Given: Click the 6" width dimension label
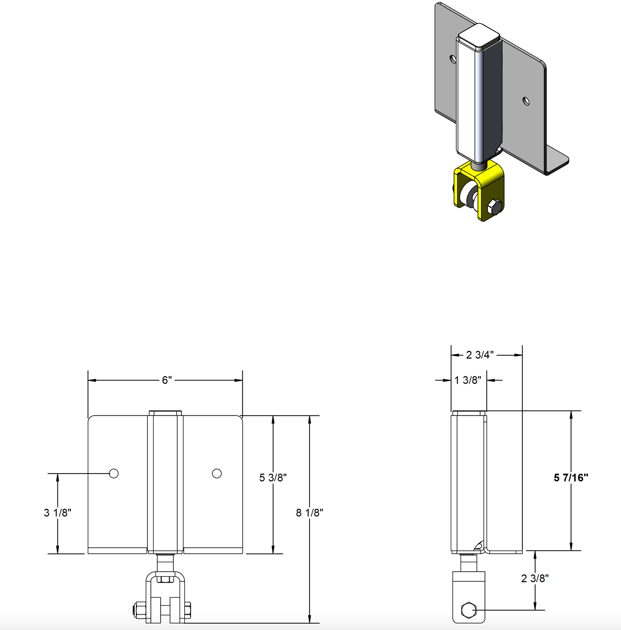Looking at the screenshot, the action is pyautogui.click(x=167, y=380).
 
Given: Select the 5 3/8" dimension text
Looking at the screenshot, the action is pyautogui.click(x=273, y=478).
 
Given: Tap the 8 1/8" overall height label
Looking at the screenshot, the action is pyautogui.click(x=309, y=513).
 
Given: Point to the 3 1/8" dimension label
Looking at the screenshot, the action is pyautogui.click(x=57, y=513).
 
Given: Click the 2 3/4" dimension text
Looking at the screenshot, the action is pyautogui.click(x=480, y=355).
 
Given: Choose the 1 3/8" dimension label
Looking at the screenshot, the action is pyautogui.click(x=468, y=380).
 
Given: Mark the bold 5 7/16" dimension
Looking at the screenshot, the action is pyautogui.click(x=571, y=478).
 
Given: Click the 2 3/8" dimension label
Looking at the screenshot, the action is pyautogui.click(x=535, y=579).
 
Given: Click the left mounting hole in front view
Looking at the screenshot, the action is pyautogui.click(x=114, y=474).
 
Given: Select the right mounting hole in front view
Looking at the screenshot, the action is pyautogui.click(x=217, y=474).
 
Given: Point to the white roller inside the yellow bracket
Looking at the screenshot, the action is pyautogui.click(x=467, y=196).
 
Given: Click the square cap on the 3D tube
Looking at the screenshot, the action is pyautogui.click(x=479, y=35).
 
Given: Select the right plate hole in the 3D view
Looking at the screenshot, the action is pyautogui.click(x=526, y=101).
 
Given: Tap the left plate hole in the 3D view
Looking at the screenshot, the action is pyautogui.click(x=453, y=58).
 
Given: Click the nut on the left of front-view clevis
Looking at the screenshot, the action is pyautogui.click(x=139, y=610).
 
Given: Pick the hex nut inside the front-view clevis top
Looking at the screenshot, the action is pyautogui.click(x=165, y=579).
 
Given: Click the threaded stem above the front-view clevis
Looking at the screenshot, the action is pyautogui.click(x=165, y=563).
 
